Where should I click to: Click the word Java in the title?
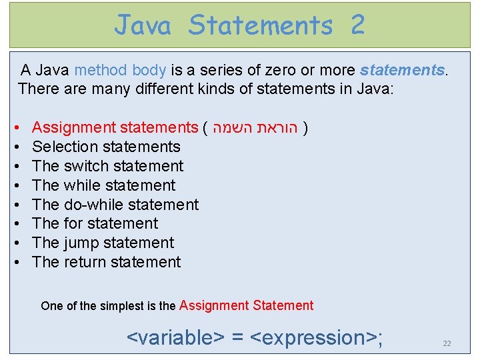click(143, 25)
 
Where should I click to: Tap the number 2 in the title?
click(357, 25)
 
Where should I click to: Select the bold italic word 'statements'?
click(401, 70)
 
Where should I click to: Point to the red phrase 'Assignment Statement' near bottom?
click(246, 306)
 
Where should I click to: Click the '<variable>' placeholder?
click(175, 337)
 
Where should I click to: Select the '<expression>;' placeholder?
click(317, 337)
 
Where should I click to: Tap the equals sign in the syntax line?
click(237, 338)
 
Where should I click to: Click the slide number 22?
click(447, 343)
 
